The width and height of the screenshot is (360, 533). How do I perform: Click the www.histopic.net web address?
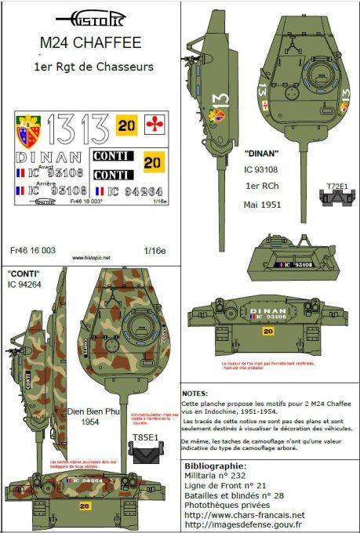click(91, 256)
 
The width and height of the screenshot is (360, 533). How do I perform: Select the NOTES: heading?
click(194, 393)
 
